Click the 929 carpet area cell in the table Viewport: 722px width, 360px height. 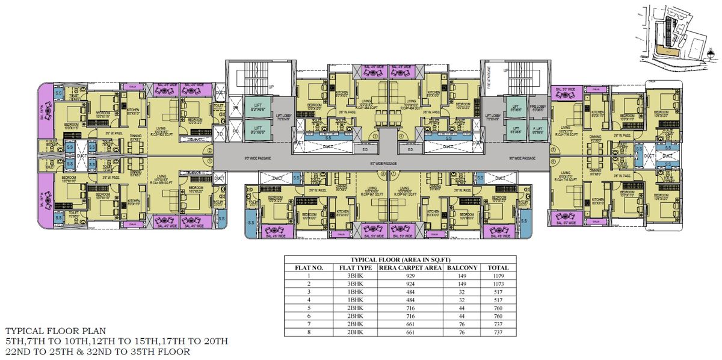pyautogui.click(x=412, y=275)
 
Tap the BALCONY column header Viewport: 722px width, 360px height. pyautogui.click(x=463, y=267)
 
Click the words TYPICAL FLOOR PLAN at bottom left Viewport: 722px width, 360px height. pyautogui.click(x=55, y=331)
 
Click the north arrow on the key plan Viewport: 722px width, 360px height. pyautogui.click(x=711, y=55)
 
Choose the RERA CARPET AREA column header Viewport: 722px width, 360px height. pyautogui.click(x=412, y=267)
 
